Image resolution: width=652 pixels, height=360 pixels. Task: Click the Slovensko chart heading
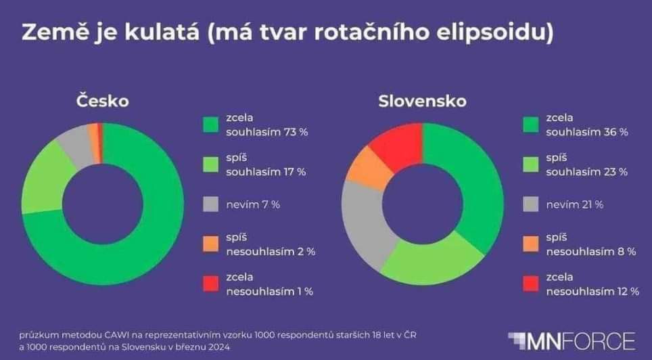coord(422,102)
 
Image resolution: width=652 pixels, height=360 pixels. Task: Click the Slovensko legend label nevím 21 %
coord(575,204)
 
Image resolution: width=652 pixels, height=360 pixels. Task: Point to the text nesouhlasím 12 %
coord(592,292)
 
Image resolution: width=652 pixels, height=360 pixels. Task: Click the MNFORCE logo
coord(572,340)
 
